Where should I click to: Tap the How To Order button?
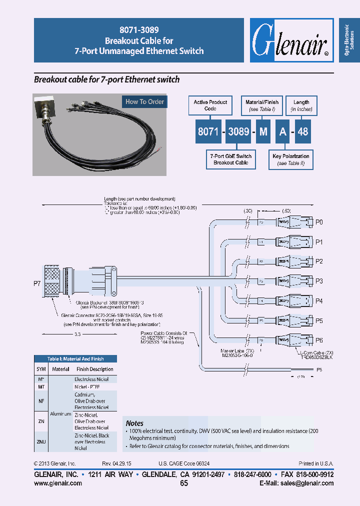coord(144,101)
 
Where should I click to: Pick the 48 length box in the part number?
coord(303,131)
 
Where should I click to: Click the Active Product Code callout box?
coord(210,105)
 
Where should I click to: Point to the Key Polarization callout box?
coord(290,159)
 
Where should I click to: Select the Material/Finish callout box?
coord(262,105)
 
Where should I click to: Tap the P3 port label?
coord(319,281)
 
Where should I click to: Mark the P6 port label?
coord(319,340)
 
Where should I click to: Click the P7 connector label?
coord(37,283)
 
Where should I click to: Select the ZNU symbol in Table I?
coord(41,441)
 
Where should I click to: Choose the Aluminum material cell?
coord(60,414)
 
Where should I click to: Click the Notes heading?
coord(134,423)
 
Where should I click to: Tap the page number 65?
coord(184,483)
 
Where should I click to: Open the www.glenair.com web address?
coord(57,483)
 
